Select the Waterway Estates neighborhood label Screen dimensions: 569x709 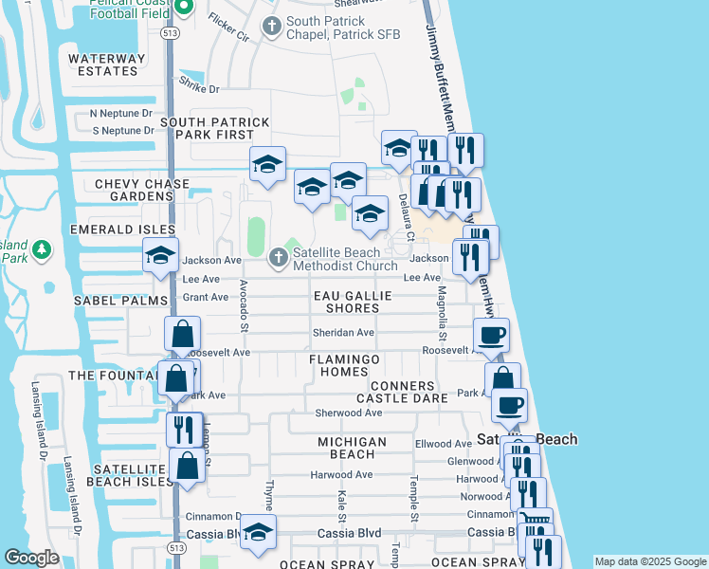(x=107, y=64)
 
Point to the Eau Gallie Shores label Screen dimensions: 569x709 (x=353, y=302)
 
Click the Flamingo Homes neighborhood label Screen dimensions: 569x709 (x=345, y=366)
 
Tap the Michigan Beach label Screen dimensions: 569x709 (x=352, y=449)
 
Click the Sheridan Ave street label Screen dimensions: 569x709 (x=343, y=333)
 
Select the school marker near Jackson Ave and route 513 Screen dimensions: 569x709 (x=161, y=255)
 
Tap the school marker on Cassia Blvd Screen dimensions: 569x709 (x=257, y=533)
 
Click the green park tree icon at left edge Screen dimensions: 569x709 (x=41, y=250)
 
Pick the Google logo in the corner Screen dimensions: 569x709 (x=31, y=558)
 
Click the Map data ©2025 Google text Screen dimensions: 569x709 (x=650, y=561)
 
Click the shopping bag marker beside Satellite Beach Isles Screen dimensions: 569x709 (x=187, y=467)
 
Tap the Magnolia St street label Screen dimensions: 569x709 (x=443, y=316)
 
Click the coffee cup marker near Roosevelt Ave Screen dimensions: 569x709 (x=492, y=335)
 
